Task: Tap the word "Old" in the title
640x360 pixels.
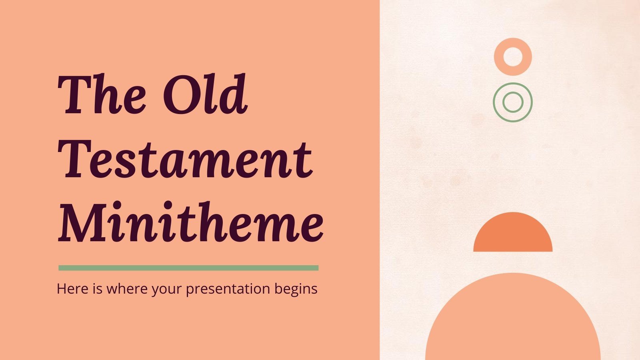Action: [x=205, y=94]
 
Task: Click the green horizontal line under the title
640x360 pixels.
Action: [x=188, y=268]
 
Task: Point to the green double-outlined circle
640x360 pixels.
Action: [x=513, y=102]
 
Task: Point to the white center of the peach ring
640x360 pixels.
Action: [x=513, y=57]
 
